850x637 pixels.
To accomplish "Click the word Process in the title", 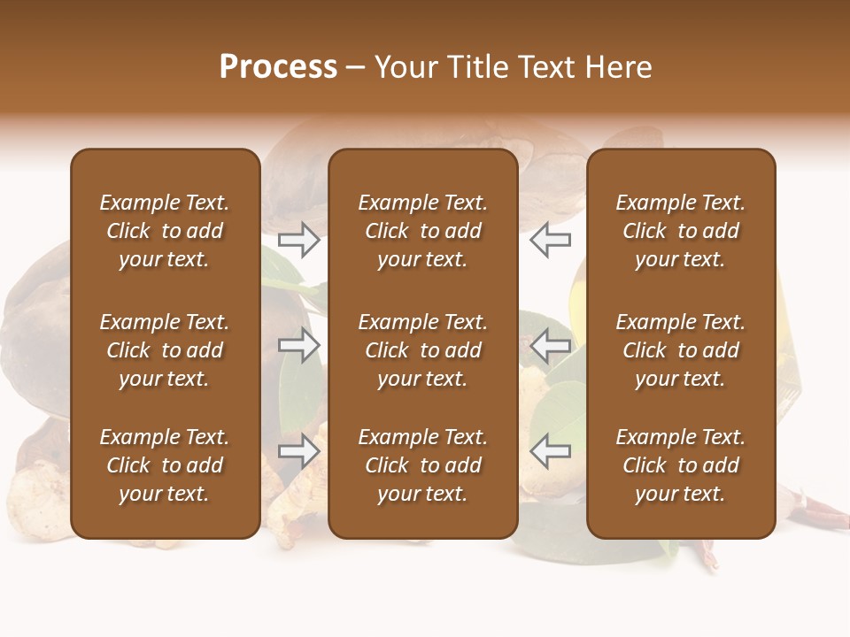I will point(278,67).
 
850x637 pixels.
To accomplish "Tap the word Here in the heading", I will point(618,67).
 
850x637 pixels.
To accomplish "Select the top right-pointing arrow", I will point(299,240).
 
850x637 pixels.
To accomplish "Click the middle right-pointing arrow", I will point(299,345).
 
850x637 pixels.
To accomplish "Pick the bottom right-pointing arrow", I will point(299,451).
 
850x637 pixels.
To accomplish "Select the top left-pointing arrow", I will point(550,240).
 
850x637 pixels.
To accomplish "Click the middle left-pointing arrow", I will point(550,345).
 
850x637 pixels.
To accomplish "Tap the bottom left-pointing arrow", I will point(550,451).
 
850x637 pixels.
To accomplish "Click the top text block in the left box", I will point(165,231).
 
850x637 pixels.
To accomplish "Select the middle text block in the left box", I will point(165,350).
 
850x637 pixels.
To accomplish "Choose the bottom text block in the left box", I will point(165,465).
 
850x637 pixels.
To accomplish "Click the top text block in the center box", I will point(423,231).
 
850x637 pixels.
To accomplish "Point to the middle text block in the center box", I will point(423,350).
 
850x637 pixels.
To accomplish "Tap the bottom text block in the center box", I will point(423,465).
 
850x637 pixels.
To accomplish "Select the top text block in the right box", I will point(681,231).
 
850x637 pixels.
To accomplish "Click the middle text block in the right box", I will point(681,350).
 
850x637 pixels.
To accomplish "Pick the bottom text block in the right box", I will point(681,465).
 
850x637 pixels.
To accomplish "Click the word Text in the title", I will point(545,67).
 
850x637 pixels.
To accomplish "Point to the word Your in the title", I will point(405,67).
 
